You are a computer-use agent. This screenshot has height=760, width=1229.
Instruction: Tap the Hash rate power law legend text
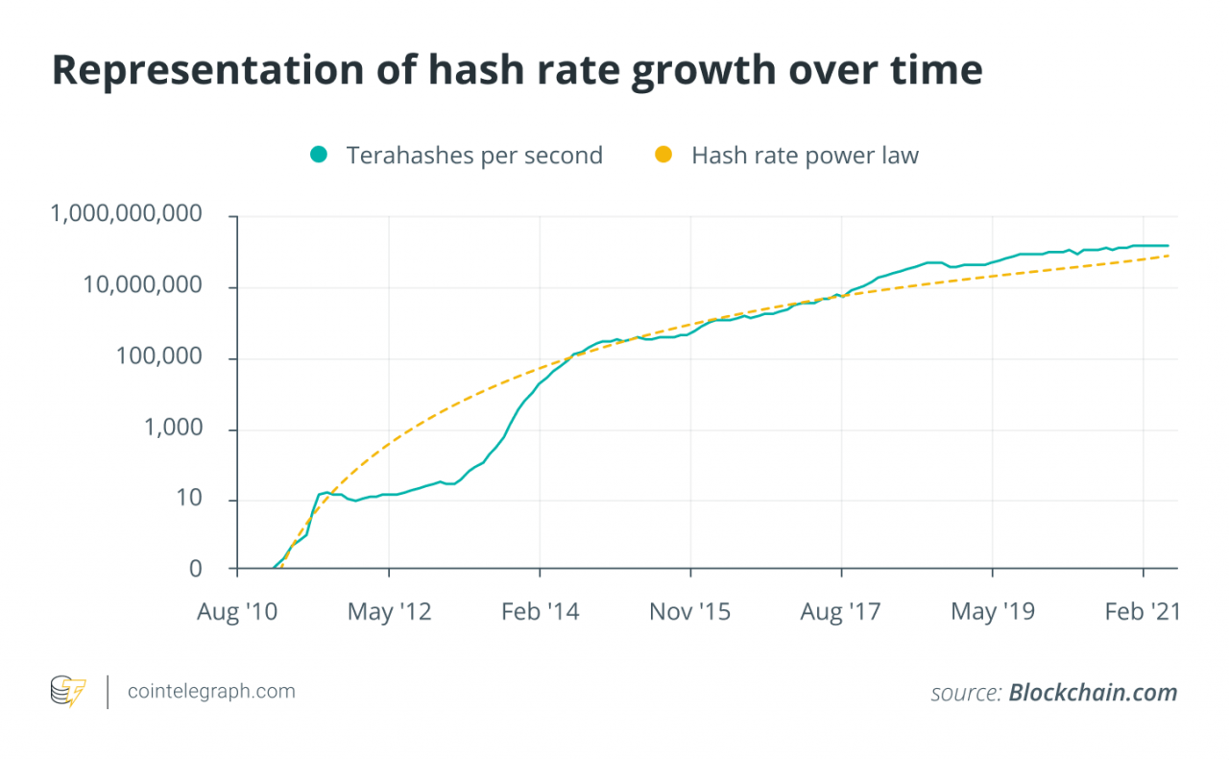(805, 156)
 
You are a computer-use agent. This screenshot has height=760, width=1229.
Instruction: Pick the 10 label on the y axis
(188, 500)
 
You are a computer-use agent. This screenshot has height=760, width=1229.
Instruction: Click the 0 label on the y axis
(196, 569)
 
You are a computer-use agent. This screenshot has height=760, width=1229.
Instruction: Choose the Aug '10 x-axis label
(237, 612)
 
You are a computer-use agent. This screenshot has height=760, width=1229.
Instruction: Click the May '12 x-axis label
(389, 612)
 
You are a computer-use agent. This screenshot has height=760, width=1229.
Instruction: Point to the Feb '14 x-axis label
(541, 612)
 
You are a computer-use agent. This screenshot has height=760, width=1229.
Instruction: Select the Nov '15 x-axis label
(690, 612)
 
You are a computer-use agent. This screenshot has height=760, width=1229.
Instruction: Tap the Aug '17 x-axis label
(841, 612)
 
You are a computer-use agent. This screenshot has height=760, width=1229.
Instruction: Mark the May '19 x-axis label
(993, 612)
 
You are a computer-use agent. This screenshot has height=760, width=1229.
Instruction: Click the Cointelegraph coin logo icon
(68, 692)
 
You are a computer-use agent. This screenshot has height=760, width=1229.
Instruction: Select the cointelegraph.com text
(211, 692)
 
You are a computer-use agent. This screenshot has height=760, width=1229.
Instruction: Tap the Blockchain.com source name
(1092, 693)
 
